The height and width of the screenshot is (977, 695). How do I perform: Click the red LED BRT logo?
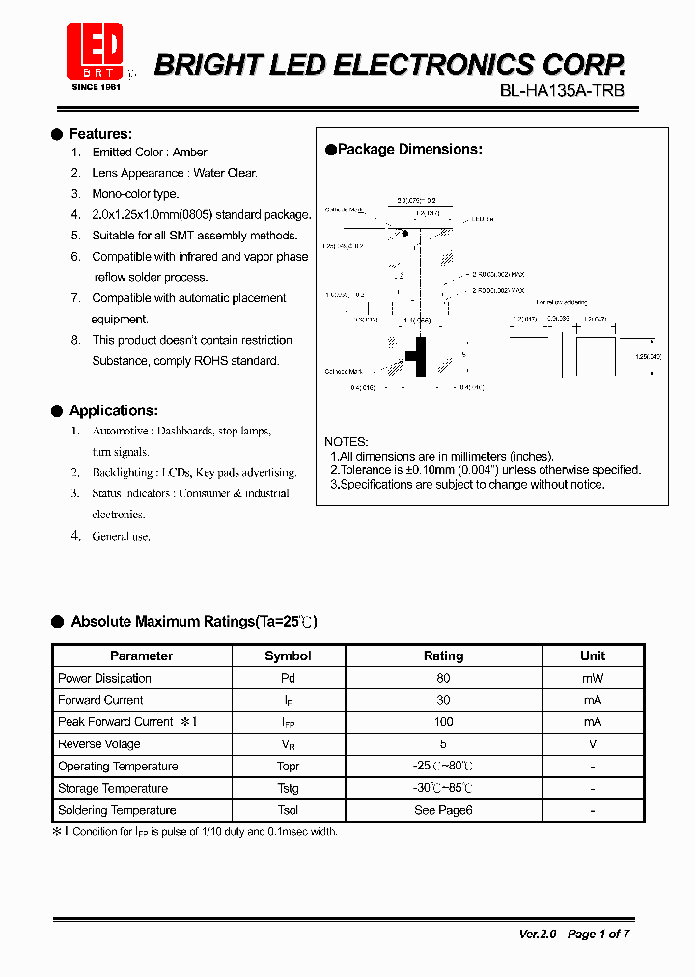coord(94,51)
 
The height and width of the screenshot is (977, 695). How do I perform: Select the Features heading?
coord(100,134)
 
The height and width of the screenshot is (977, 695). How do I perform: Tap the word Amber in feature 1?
coord(190,153)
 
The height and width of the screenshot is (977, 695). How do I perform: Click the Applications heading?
coord(113,410)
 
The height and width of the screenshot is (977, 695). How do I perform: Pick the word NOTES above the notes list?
coord(346,441)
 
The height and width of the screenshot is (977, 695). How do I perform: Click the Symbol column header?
coord(288,656)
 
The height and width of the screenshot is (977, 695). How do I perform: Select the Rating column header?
coord(443,656)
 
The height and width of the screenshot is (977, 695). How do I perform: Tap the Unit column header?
coord(593,656)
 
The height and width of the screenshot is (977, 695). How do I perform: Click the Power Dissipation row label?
coord(104,678)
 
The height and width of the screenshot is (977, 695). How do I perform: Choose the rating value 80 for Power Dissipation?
coord(443,678)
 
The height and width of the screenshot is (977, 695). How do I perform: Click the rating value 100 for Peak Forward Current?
coord(443,722)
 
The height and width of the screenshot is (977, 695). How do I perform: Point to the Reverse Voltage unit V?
coord(593,744)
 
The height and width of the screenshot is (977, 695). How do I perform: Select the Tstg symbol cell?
coord(288,788)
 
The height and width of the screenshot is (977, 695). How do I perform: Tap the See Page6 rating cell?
coord(443,810)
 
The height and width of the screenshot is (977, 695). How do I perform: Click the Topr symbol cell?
coord(288,767)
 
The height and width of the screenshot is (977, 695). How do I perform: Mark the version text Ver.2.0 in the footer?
coord(539,934)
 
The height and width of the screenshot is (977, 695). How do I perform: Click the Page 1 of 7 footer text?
coord(598,934)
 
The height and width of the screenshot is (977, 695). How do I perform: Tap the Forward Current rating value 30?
coord(443,700)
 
